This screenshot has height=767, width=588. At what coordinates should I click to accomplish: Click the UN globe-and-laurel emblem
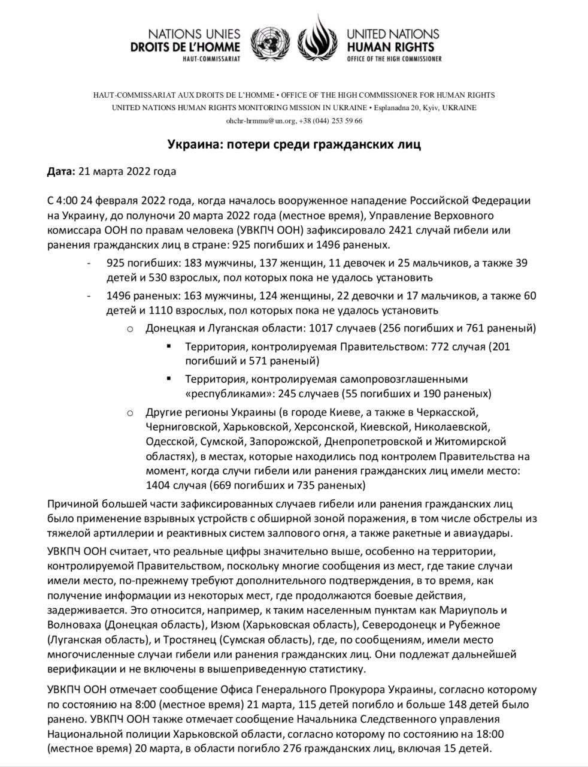[269, 43]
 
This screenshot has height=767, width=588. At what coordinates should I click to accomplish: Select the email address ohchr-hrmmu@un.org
[260, 120]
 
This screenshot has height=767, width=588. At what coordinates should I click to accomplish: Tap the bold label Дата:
[61, 172]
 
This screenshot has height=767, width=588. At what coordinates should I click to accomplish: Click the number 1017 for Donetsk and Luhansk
[320, 328]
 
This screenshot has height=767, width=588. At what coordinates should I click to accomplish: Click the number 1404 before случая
[158, 485]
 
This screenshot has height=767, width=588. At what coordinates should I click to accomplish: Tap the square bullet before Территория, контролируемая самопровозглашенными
[169, 379]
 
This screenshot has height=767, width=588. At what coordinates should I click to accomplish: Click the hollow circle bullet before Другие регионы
[129, 413]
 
